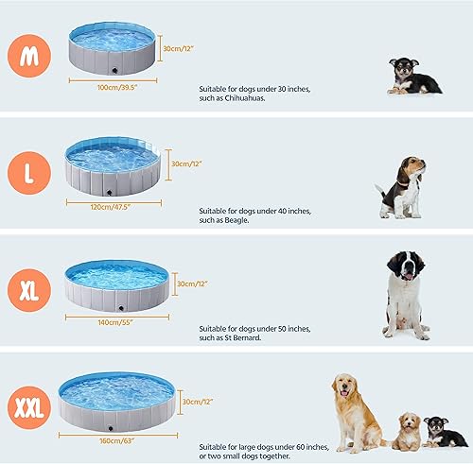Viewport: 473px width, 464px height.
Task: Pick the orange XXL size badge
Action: click(x=29, y=408)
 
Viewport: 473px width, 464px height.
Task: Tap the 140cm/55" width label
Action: click(x=116, y=321)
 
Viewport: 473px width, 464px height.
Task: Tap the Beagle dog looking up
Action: click(x=401, y=188)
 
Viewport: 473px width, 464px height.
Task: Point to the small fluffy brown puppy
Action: click(x=408, y=431)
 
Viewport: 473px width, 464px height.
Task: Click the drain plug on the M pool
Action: click(x=114, y=69)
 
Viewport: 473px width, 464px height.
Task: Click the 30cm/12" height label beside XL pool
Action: click(x=192, y=284)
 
